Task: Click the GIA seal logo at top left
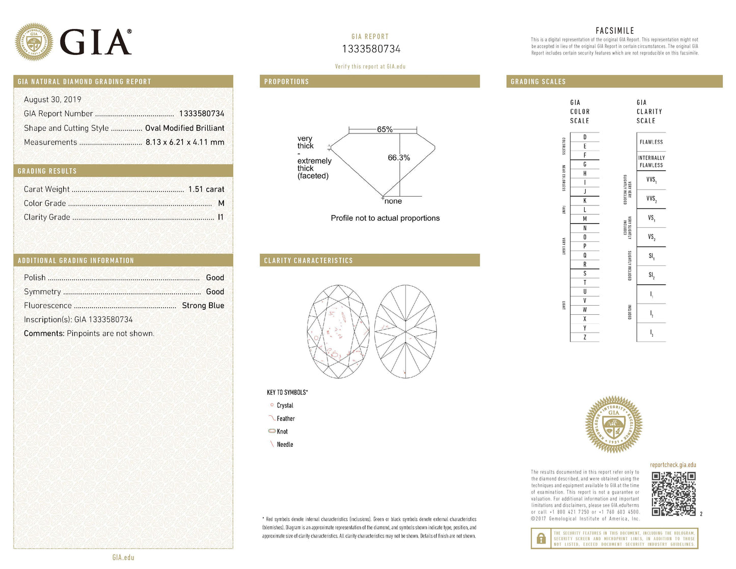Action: click(34, 42)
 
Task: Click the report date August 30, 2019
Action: click(52, 99)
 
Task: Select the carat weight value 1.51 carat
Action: click(206, 189)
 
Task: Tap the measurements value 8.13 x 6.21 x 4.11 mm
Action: click(185, 142)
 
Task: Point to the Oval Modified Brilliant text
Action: click(184, 128)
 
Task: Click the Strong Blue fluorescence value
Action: click(203, 305)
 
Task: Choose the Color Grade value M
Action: click(221, 203)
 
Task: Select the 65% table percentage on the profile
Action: click(385, 129)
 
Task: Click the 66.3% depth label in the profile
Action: click(399, 157)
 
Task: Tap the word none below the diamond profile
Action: click(393, 201)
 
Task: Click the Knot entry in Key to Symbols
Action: click(282, 431)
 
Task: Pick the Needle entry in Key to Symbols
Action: click(285, 444)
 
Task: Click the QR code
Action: click(673, 494)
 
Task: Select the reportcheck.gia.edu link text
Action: click(673, 465)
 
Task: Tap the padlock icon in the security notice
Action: click(540, 538)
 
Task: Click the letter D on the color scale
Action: click(585, 137)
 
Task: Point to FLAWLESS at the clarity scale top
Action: click(651, 142)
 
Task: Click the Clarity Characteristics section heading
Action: click(308, 260)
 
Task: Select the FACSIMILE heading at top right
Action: click(615, 31)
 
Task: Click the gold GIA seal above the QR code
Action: click(613, 424)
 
